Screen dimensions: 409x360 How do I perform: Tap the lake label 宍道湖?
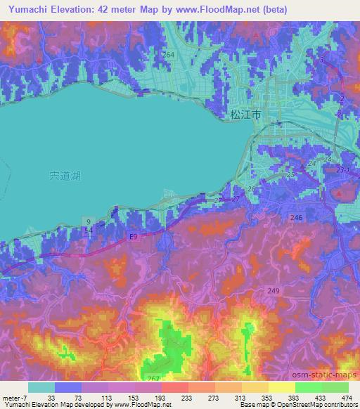click(65, 176)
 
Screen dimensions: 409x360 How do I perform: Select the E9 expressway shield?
click(133, 238)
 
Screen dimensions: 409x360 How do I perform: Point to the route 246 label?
click(297, 219)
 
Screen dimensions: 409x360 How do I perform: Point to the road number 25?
click(291, 174)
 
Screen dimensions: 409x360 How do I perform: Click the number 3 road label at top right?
click(323, 60)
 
